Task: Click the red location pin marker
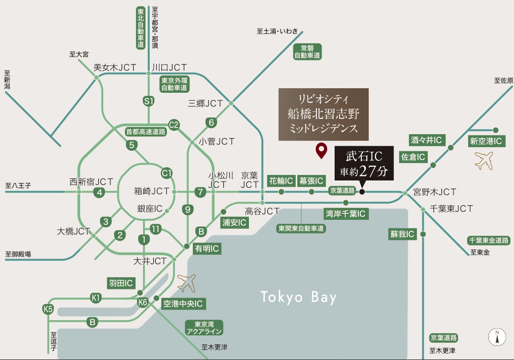click(320, 151)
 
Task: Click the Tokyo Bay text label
click(298, 297)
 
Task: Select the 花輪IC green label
click(281, 181)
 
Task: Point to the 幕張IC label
click(311, 181)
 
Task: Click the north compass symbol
click(497, 336)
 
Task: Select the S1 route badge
click(148, 101)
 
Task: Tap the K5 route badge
click(48, 309)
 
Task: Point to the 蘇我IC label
click(402, 234)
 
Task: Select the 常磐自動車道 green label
click(307, 51)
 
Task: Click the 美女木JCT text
click(112, 67)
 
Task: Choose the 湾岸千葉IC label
click(345, 214)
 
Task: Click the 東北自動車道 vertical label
click(141, 28)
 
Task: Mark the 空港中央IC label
click(183, 304)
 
